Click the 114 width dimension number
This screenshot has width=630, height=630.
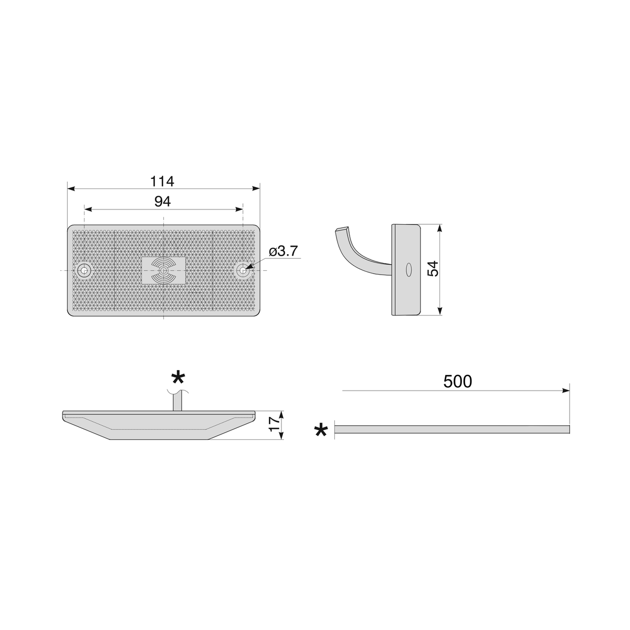click(162, 181)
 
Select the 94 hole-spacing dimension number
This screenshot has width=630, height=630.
click(162, 202)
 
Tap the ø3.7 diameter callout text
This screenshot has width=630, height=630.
click(283, 251)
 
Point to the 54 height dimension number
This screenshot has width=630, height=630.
click(433, 269)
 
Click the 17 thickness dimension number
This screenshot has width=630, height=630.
click(274, 424)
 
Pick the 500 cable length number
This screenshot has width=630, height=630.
click(458, 381)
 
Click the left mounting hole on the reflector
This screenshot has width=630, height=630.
click(85, 270)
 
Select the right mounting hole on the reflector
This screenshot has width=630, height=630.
click(243, 270)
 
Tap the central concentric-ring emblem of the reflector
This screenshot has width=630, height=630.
click(163, 270)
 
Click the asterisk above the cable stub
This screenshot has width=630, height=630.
click(178, 378)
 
